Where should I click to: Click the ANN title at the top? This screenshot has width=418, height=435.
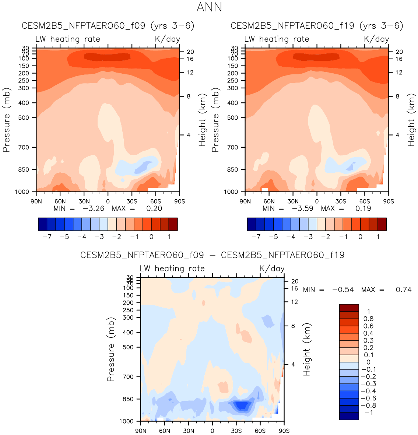click(209, 7)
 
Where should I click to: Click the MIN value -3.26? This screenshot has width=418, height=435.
click(94, 208)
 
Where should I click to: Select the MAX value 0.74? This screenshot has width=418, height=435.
click(404, 290)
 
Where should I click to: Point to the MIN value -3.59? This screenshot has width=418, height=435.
click(302, 208)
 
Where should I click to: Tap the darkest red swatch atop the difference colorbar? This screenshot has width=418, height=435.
click(349, 308)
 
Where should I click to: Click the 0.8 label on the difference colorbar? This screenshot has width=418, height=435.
click(368, 319)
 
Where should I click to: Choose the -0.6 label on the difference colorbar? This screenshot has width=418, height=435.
click(368, 399)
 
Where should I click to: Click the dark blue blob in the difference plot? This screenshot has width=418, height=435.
click(242, 406)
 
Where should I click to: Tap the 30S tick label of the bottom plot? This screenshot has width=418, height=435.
click(236, 431)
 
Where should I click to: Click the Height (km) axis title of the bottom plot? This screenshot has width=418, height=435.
click(307, 349)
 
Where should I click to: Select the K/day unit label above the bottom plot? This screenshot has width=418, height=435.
click(272, 269)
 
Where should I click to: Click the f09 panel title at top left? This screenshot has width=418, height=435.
click(108, 26)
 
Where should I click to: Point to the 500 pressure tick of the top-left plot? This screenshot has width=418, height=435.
click(24, 118)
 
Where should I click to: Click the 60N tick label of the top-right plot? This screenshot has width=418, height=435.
click(269, 201)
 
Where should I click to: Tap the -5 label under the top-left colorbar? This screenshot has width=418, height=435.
click(64, 237)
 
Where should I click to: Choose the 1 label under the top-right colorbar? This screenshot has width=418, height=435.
click(378, 237)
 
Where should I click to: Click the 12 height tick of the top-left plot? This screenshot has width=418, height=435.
click(190, 73)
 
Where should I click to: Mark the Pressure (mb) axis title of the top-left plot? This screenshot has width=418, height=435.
click(6, 120)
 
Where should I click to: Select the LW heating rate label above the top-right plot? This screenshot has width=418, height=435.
click(277, 39)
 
